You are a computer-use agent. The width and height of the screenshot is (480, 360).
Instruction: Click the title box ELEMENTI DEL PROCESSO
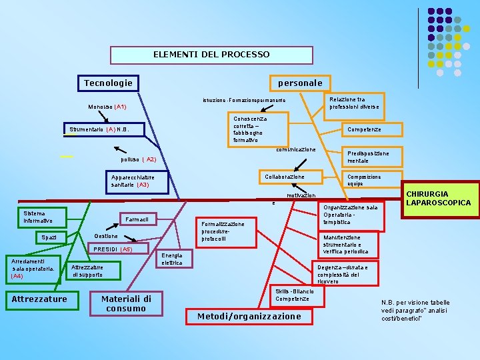point(211,55)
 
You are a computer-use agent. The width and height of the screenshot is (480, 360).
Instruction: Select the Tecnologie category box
point(108,83)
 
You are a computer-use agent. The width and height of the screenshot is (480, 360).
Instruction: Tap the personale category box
point(299,83)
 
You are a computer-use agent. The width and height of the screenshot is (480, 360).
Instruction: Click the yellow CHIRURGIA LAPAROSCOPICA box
point(441,199)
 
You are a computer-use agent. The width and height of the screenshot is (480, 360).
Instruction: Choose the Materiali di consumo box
point(126,303)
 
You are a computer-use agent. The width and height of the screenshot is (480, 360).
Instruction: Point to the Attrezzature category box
point(39,299)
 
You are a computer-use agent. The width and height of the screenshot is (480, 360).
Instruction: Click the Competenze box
point(364,129)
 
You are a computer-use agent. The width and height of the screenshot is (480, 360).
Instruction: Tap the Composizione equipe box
point(364,180)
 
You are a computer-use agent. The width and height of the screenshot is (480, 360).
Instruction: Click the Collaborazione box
point(285,177)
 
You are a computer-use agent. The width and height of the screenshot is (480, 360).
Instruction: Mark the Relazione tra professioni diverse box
point(354,103)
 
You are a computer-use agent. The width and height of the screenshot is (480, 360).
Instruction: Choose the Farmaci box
point(137,219)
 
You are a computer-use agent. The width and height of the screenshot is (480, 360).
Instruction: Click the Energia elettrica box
point(171,258)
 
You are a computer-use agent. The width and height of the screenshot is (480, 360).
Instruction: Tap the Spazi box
point(49,237)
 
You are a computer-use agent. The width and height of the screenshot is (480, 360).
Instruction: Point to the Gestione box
point(106,236)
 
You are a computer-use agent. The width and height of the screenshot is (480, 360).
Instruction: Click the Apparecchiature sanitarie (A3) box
point(133,181)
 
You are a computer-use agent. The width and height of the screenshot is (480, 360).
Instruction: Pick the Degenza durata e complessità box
point(347,273)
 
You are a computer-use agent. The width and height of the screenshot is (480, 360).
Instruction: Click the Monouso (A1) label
point(107,107)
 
